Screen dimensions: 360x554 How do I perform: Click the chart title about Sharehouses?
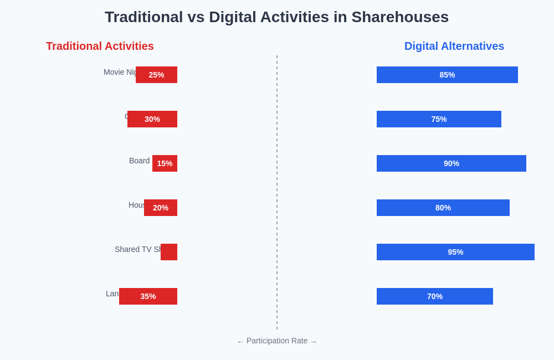276,17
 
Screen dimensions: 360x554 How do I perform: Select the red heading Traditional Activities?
100,47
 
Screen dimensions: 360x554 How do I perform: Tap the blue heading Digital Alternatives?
454,47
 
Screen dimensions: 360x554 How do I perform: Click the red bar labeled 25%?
156,75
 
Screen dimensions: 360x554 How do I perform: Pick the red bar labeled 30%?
152,119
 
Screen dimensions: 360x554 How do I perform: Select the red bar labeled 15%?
165,163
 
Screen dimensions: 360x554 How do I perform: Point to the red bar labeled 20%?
161,208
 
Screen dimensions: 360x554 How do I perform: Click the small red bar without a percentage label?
169,252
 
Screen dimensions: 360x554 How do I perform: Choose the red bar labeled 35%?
148,296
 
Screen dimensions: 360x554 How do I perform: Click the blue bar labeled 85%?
447,75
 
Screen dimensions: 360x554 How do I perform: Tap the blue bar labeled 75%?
439,119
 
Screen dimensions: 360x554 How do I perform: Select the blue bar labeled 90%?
452,163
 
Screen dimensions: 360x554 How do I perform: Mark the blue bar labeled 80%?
443,208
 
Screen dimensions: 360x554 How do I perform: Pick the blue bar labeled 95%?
455,252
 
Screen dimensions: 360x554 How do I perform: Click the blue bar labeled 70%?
435,296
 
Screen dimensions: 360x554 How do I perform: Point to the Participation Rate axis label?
277,341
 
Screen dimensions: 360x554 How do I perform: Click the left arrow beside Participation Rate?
240,342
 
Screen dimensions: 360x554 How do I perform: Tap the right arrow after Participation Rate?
314,342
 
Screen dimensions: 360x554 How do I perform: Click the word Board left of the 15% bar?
139,161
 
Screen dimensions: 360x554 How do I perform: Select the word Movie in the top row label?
114,72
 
